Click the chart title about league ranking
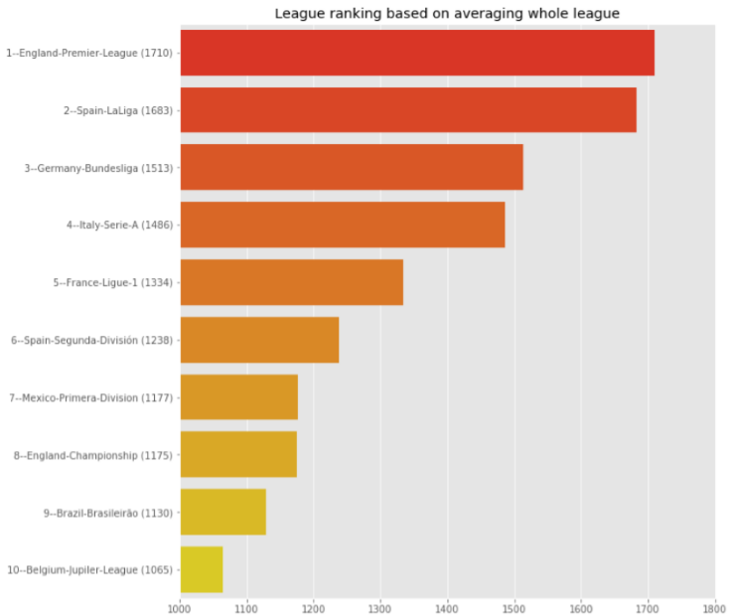(x=447, y=13)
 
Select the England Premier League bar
(x=417, y=53)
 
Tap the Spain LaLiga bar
(x=408, y=110)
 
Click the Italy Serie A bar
(x=343, y=225)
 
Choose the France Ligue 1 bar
(x=292, y=282)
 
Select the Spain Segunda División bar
(x=259, y=340)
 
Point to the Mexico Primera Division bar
(x=239, y=397)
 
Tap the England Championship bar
(x=238, y=455)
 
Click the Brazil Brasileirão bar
(x=223, y=513)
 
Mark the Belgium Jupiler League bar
(x=202, y=569)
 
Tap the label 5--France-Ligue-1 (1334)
(x=113, y=282)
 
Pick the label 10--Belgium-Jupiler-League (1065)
(x=90, y=569)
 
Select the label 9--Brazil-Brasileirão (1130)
(x=108, y=513)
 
